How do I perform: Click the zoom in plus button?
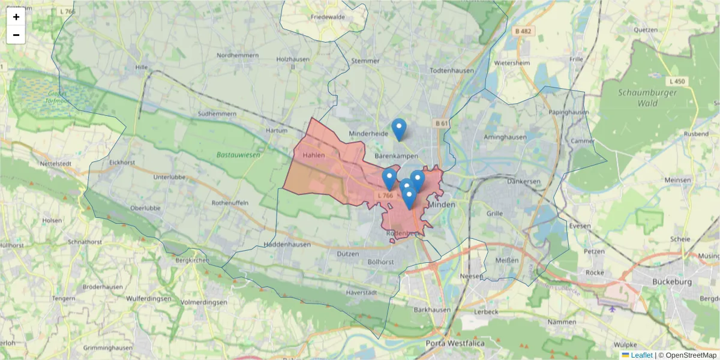(x=16, y=17)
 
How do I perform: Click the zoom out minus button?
(x=16, y=35)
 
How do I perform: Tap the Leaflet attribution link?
(x=641, y=355)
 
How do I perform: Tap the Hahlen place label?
(x=314, y=155)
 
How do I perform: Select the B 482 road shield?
(x=523, y=30)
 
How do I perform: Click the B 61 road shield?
(x=442, y=123)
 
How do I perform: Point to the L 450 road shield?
(x=676, y=81)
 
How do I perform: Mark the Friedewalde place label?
(x=328, y=17)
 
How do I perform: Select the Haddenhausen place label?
(x=287, y=244)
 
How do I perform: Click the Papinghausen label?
(x=568, y=112)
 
